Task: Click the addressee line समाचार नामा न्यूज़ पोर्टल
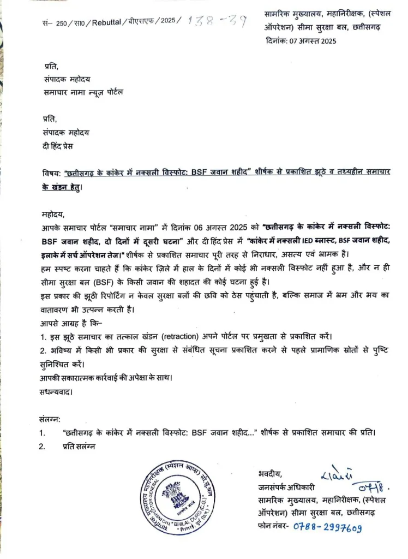[83, 92]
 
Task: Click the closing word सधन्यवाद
[56, 391]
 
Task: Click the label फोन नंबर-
[275, 527]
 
